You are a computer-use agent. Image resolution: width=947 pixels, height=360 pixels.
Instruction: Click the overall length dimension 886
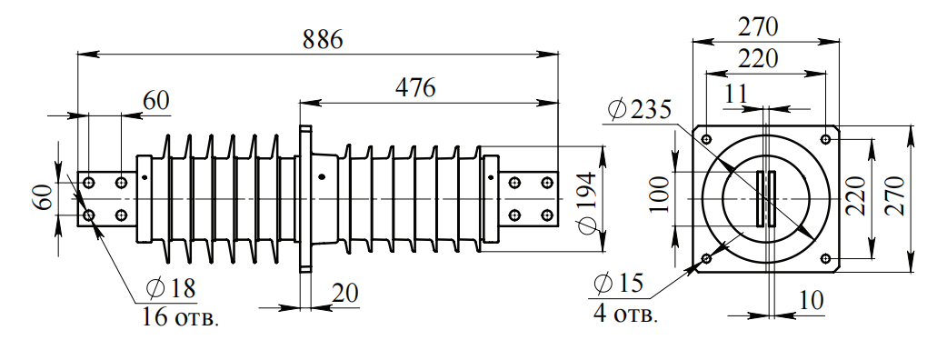click(x=323, y=39)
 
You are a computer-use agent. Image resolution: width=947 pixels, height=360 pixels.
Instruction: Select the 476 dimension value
click(x=415, y=88)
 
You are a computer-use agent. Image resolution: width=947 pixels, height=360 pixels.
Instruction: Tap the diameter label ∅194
click(x=586, y=203)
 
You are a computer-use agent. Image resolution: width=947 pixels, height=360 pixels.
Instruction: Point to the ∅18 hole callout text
click(x=171, y=289)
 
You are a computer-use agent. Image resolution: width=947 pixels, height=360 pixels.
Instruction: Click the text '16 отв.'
click(x=181, y=317)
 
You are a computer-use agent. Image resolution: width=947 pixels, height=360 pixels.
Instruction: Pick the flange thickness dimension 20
click(x=344, y=294)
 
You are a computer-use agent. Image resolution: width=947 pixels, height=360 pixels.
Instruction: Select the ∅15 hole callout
click(x=618, y=283)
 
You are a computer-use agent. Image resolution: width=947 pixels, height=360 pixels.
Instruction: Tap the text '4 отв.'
click(x=625, y=315)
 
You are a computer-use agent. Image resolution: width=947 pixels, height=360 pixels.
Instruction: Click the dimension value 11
click(x=735, y=95)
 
